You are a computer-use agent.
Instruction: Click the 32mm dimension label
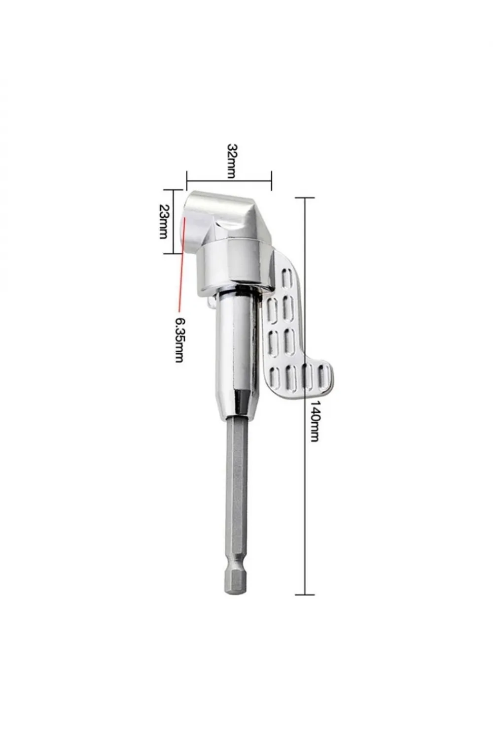[232, 161]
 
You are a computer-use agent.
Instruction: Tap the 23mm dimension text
[164, 221]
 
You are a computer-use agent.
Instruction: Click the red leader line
[181, 264]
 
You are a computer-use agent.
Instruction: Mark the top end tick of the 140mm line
[305, 197]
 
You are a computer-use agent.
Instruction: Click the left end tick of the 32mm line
[187, 181]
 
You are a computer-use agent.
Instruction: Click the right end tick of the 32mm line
[272, 181]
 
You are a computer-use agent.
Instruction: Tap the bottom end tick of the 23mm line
[174, 253]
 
